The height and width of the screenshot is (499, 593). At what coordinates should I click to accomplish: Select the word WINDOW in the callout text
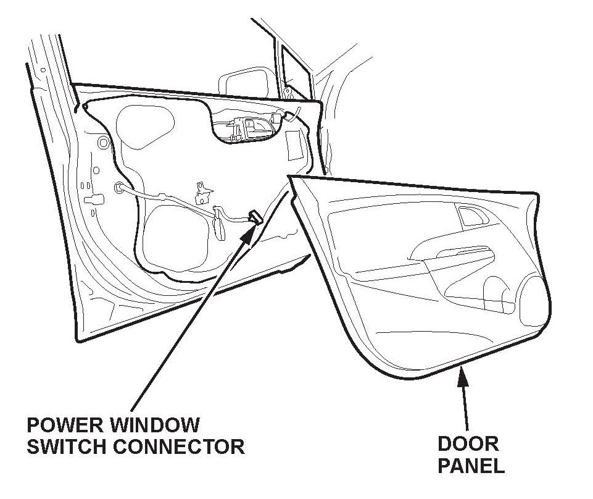(157, 426)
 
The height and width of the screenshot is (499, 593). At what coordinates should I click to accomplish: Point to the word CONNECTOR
(180, 447)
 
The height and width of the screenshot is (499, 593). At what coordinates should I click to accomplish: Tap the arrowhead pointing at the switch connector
(247, 232)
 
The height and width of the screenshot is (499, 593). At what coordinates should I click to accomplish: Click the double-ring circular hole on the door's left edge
(102, 144)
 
